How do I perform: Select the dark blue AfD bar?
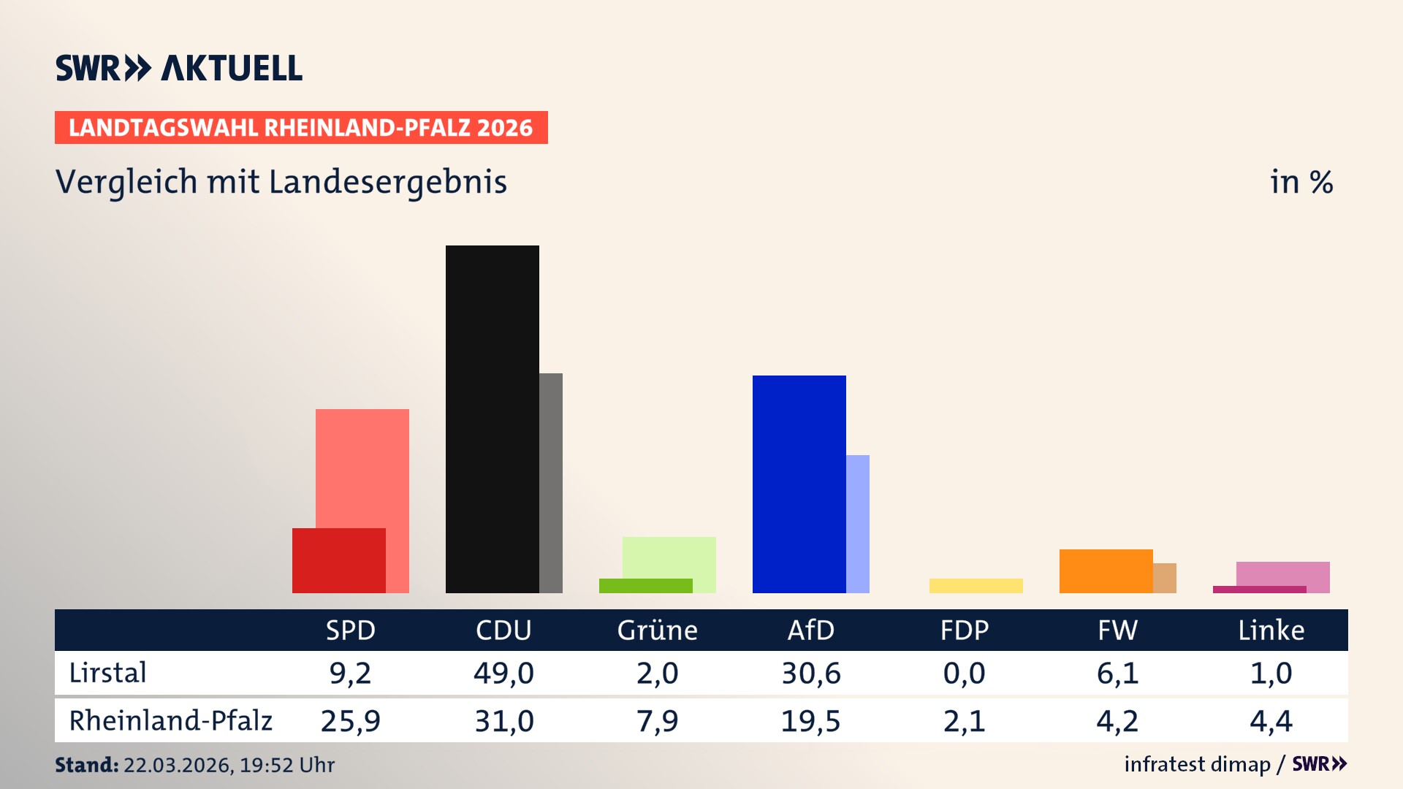click(x=799, y=484)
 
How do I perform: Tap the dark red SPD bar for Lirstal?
click(x=338, y=560)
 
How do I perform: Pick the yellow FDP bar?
click(x=976, y=585)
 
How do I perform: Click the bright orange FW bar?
click(x=1106, y=571)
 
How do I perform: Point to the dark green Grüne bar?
click(x=645, y=585)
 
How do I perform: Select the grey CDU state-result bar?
click(x=551, y=482)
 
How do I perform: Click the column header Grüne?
click(x=657, y=630)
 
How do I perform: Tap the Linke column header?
click(x=1271, y=630)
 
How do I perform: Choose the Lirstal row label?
click(x=107, y=673)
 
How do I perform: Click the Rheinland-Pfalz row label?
click(x=170, y=720)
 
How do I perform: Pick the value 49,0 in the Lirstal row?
click(x=503, y=673)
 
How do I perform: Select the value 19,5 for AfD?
click(x=810, y=721)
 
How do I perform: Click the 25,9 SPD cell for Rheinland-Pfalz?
click(x=350, y=721)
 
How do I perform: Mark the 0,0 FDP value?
click(x=964, y=673)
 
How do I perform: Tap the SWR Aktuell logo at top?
click(x=178, y=68)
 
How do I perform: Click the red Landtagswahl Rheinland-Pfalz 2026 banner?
click(x=300, y=127)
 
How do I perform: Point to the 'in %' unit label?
click(x=1301, y=182)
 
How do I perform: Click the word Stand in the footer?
click(x=86, y=765)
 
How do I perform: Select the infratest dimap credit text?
click(x=1197, y=764)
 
